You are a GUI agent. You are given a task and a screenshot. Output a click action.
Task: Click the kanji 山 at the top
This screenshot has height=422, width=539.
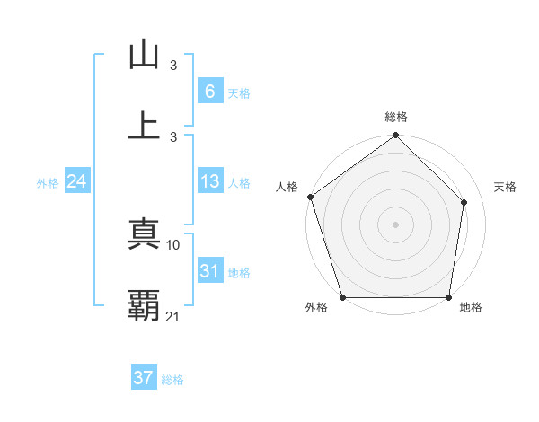(x=144, y=56)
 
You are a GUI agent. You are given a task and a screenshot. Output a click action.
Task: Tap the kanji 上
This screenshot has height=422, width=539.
(x=144, y=125)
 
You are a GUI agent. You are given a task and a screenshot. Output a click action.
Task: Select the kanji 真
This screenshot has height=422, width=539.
(x=144, y=234)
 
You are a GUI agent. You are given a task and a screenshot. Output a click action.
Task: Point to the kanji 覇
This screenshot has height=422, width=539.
(x=144, y=305)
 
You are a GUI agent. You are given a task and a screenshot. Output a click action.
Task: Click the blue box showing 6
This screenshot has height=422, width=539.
(x=209, y=92)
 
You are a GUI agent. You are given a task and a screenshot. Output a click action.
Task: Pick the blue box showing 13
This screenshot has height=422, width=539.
(x=209, y=181)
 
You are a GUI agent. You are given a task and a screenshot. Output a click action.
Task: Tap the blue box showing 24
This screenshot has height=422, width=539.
(x=76, y=181)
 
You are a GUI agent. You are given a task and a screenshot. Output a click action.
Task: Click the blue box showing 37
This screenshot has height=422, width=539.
(x=144, y=378)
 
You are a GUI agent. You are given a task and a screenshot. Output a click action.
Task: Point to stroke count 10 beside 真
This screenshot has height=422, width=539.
(x=174, y=244)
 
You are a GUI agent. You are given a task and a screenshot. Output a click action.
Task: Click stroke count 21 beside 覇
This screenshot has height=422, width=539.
(x=174, y=316)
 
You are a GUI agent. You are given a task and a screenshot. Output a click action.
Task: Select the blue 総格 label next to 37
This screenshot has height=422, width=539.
(x=172, y=380)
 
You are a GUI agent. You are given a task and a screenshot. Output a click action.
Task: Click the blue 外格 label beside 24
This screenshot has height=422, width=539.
(x=48, y=183)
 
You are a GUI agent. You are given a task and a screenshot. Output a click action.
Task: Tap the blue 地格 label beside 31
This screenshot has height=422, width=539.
(x=239, y=273)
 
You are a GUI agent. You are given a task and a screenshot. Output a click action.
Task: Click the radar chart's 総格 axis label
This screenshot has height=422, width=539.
(x=396, y=117)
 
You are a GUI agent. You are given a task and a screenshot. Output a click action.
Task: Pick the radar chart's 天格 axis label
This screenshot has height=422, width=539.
(x=505, y=187)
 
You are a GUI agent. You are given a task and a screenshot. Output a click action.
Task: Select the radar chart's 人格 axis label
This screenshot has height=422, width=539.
(x=287, y=187)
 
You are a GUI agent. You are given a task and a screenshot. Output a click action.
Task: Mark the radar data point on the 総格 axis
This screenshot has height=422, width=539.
(x=396, y=136)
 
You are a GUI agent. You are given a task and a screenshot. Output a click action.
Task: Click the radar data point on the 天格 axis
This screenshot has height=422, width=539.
(x=464, y=202)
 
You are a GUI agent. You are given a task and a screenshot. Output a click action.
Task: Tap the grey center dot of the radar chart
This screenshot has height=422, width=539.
(x=396, y=224)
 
